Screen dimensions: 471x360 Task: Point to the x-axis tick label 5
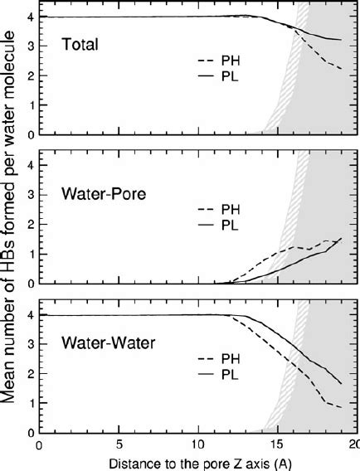click(119, 444)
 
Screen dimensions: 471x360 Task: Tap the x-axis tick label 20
click(353, 444)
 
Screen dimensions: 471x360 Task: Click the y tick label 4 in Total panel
click(30, 17)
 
